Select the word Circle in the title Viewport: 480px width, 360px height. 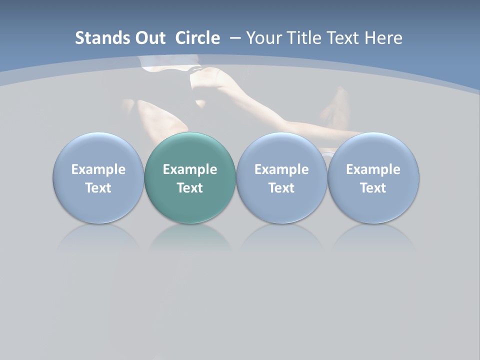[x=197, y=38]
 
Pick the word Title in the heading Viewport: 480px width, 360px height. [x=302, y=38]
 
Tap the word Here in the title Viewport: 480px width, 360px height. [x=383, y=38]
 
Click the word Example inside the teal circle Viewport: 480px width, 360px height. [x=190, y=169]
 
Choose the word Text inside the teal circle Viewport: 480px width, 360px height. [x=190, y=188]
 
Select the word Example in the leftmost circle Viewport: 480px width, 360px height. [x=98, y=169]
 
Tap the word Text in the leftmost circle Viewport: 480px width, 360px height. [x=98, y=188]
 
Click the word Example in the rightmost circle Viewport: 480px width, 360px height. [x=373, y=169]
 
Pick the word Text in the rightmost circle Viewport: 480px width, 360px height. [x=373, y=188]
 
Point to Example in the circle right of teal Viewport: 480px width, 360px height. [x=281, y=169]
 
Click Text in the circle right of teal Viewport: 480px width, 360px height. [x=281, y=188]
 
